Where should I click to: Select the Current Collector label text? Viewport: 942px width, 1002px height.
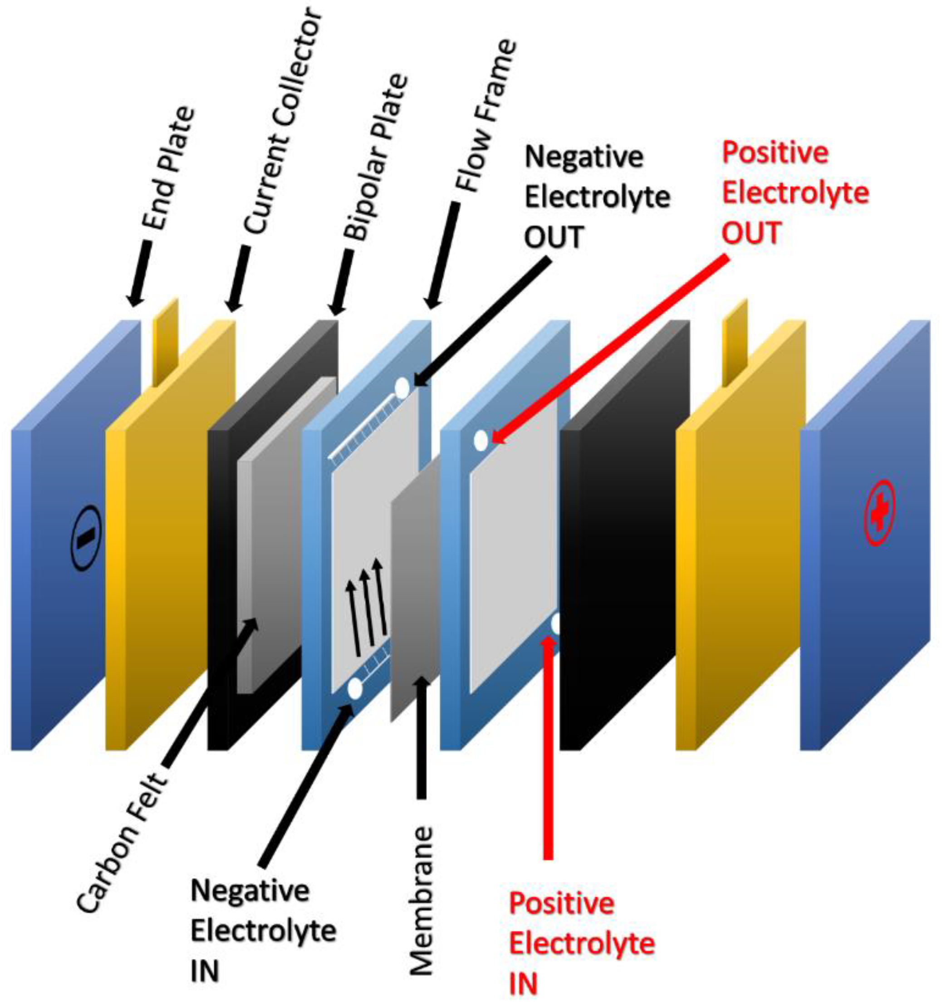pos(282,121)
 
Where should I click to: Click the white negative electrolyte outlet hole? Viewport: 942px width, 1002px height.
pos(402,388)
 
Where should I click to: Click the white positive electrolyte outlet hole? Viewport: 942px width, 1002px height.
pos(481,440)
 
